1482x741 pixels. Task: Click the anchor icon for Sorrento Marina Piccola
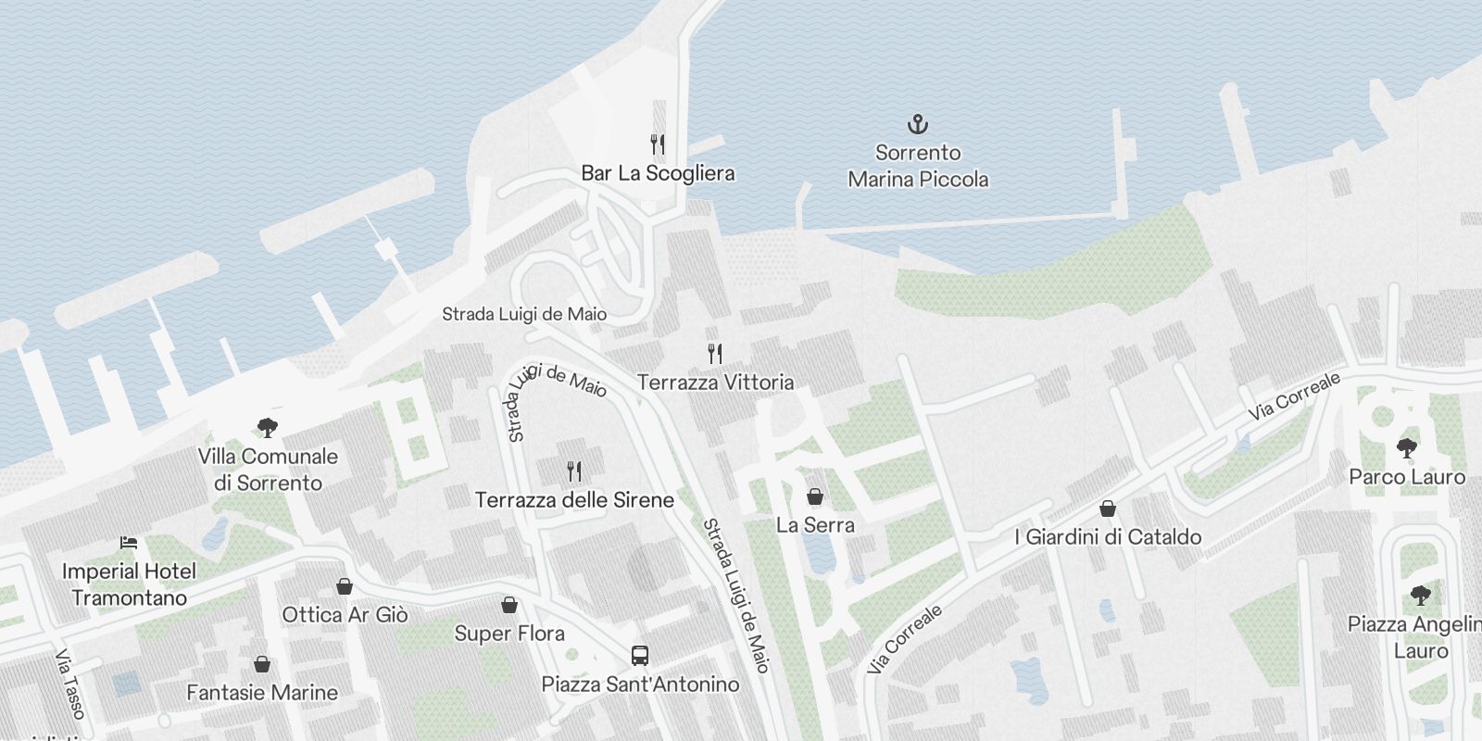coord(917,124)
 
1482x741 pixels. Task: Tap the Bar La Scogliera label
coord(658,173)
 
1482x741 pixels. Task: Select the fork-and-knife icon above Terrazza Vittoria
coord(714,354)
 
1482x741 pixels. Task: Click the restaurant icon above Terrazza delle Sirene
coord(574,471)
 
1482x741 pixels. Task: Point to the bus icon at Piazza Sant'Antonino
coord(640,656)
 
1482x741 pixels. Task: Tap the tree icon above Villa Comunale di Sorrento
coord(268,428)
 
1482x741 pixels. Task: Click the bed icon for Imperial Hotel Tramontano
coord(129,543)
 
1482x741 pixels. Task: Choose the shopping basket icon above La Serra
coord(815,497)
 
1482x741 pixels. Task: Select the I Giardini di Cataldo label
coord(1108,537)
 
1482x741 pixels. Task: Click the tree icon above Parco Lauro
coord(1407,449)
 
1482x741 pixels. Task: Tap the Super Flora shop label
coord(509,634)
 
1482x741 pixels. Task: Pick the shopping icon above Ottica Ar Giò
coord(345,586)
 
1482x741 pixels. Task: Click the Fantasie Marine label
coord(262,693)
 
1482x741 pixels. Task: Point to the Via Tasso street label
coord(70,684)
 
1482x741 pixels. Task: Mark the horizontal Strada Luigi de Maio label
coord(524,314)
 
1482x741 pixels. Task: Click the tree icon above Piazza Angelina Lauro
coord(1420,596)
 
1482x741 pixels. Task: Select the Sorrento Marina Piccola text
coord(918,166)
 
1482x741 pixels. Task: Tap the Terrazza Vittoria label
coord(715,383)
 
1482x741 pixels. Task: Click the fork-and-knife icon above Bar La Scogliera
coord(658,144)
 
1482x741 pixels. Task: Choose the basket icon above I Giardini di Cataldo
coord(1108,509)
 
